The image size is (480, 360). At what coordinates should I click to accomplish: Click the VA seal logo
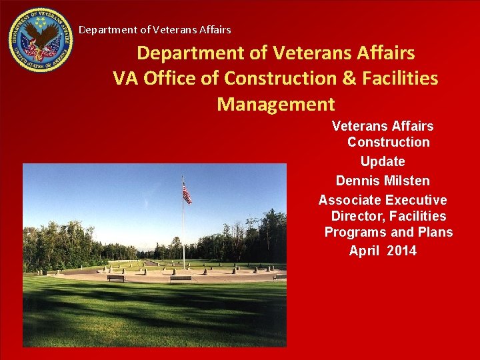point(41,40)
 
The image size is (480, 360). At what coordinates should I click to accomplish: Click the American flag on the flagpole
point(187,194)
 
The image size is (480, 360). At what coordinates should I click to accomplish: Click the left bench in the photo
point(116,278)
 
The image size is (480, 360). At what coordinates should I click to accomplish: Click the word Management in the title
point(275,104)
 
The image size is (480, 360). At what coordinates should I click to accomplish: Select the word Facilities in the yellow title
point(399,78)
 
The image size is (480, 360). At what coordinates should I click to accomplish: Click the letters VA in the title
point(126,78)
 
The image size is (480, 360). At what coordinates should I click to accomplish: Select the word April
point(365,251)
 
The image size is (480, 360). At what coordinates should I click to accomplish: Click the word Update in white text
point(383,161)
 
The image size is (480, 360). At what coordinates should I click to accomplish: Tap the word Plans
point(435,232)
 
